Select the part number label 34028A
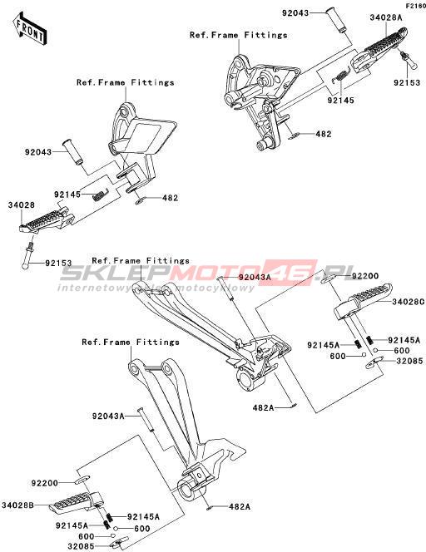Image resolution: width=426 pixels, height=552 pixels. [386, 17]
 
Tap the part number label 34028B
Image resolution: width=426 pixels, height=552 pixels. [17, 505]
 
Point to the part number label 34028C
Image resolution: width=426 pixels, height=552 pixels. [409, 302]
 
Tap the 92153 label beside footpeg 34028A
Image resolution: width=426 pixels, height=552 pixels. [407, 82]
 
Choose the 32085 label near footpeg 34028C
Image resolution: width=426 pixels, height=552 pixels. [409, 361]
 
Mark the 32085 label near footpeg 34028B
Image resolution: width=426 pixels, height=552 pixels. [81, 546]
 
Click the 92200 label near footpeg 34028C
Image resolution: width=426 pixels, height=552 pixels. [365, 276]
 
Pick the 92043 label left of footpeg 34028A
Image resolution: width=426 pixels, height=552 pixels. [295, 13]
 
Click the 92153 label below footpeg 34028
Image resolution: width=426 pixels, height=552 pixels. [58, 263]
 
